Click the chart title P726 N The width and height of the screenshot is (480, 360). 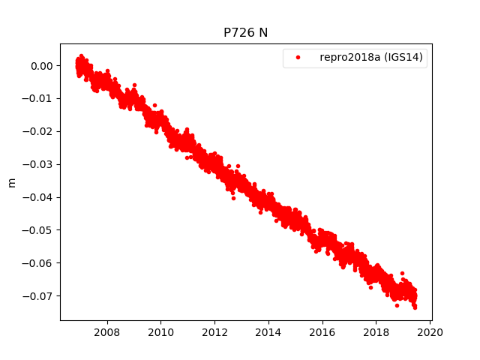245,33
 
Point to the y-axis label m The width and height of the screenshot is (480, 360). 11,182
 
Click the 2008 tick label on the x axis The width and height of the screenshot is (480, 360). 107,332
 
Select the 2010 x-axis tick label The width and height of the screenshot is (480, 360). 161,332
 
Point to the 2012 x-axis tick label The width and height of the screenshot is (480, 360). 215,332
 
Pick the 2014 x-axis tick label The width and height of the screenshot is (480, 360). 268,332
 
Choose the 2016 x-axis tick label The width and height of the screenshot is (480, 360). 322,332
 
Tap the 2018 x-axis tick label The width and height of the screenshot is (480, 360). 376,332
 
